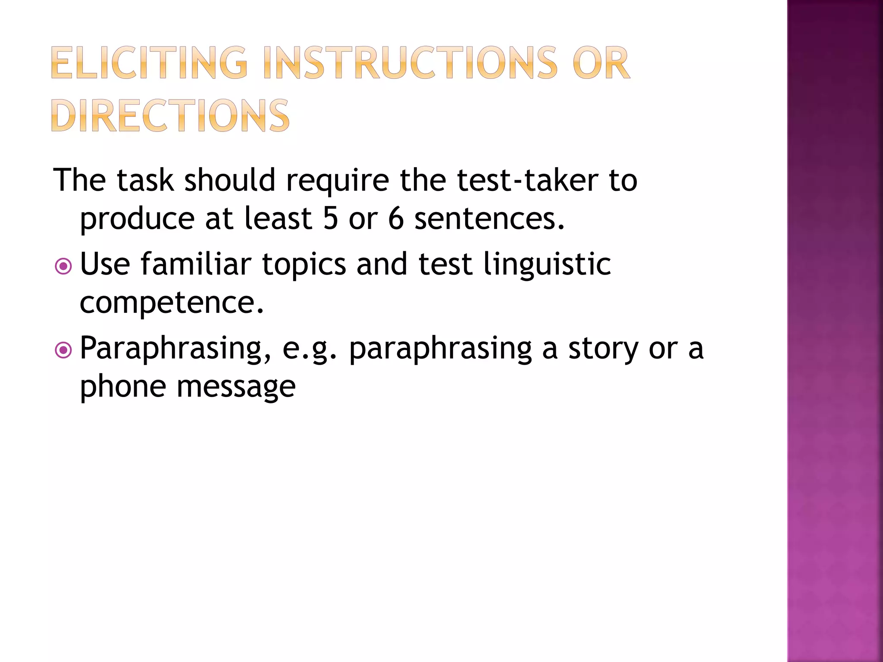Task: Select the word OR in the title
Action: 601,63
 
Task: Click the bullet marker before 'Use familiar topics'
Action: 64,266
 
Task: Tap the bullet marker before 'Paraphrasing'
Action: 64,350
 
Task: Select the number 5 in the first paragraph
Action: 331,218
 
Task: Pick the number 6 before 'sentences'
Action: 396,218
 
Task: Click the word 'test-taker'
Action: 527,180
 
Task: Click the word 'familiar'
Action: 196,264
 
